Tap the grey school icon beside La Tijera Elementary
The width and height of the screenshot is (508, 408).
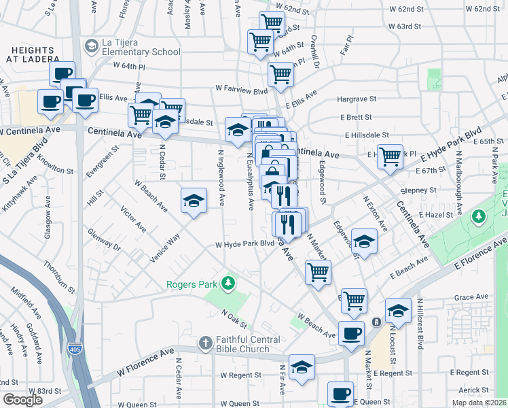(x=90, y=46)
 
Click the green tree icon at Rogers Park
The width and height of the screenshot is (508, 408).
(x=230, y=282)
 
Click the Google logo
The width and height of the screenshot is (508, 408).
(x=22, y=399)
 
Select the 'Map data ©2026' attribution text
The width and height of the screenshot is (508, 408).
(x=479, y=403)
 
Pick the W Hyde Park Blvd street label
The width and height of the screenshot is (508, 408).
(x=244, y=244)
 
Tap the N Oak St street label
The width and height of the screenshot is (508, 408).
(x=232, y=316)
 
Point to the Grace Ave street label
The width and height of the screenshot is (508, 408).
(x=472, y=297)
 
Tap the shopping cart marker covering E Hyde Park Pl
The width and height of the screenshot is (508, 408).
(x=390, y=156)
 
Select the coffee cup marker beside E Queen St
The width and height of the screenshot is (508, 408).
(x=340, y=393)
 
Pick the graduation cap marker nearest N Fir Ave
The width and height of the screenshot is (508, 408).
(x=302, y=367)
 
